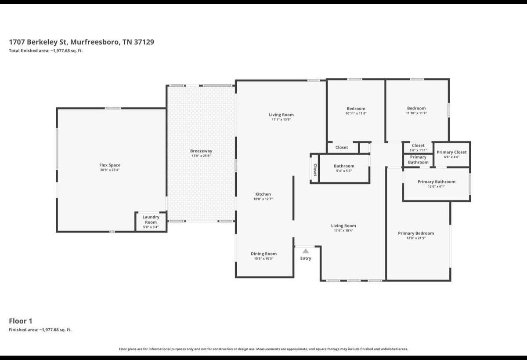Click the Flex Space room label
point(110,165)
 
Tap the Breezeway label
point(201,151)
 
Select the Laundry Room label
point(151,219)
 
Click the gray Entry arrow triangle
point(306,251)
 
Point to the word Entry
point(306,258)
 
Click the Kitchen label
point(263,194)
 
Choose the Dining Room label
point(263,254)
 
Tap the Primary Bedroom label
point(416,233)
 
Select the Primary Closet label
point(451,152)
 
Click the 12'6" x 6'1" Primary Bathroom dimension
point(437,186)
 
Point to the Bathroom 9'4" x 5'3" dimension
point(344,171)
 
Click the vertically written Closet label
point(315,170)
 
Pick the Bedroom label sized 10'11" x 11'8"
point(356,109)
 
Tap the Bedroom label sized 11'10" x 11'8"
point(416,108)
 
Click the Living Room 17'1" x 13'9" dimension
point(281,120)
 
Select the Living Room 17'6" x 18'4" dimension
point(343,230)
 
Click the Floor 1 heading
point(21,321)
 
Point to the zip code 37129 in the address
point(144,42)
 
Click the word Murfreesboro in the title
point(95,42)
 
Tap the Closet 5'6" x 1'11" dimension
point(418,150)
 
